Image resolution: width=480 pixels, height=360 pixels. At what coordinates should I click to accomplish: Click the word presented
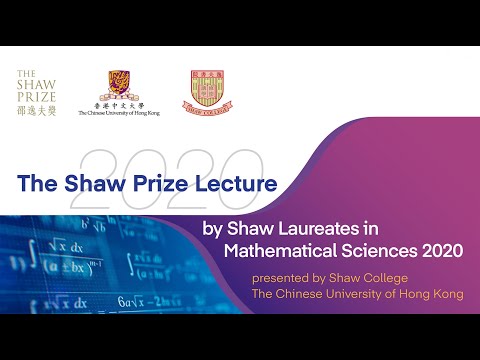tap(281, 277)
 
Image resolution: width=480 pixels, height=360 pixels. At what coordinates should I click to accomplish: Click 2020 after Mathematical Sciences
tap(441, 250)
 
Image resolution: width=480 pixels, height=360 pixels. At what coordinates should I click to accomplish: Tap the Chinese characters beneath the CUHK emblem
tap(125, 106)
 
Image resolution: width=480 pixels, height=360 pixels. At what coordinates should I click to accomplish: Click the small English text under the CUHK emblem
tap(125, 114)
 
